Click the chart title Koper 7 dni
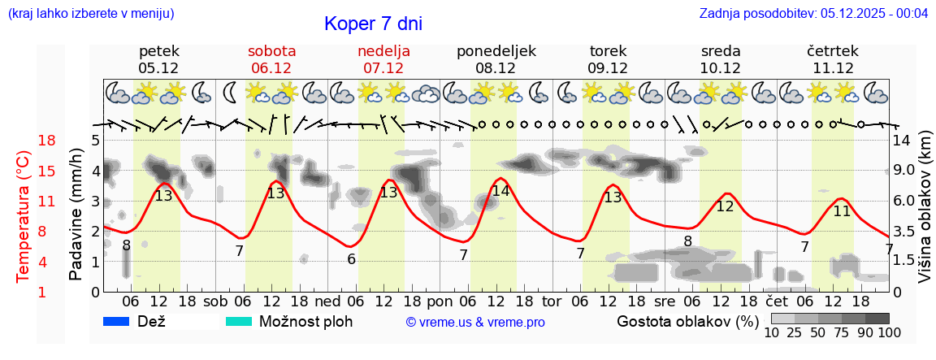click(x=373, y=24)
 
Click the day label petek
click(x=158, y=51)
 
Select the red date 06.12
click(x=271, y=68)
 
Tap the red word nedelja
click(x=383, y=51)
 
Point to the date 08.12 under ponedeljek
click(x=496, y=68)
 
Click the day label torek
click(x=608, y=51)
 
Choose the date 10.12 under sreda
click(x=720, y=68)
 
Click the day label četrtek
click(x=832, y=51)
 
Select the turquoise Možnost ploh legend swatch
click(x=240, y=321)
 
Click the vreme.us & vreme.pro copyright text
click(x=475, y=322)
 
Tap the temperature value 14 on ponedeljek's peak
click(x=500, y=191)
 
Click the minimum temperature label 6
click(x=351, y=259)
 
